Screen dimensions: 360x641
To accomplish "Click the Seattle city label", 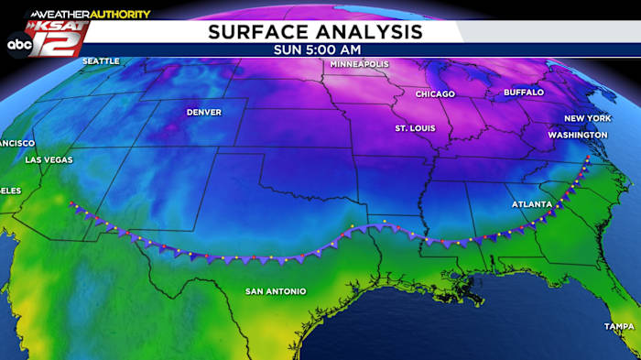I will click(101, 61).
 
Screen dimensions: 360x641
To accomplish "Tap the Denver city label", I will click(203, 113).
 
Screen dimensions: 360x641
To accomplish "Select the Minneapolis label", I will click(359, 65).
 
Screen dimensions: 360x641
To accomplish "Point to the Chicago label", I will click(435, 94).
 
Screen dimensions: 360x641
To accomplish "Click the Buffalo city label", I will click(523, 93).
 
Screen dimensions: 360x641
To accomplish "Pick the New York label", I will click(586, 119).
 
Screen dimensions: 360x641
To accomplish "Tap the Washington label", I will click(577, 135).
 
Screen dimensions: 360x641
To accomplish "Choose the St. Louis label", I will click(415, 128).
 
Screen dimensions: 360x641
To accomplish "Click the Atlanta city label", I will click(531, 204).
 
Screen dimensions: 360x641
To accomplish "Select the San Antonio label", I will click(275, 291).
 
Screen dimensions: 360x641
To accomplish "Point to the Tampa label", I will click(618, 327).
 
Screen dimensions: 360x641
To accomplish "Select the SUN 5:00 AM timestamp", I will click(315, 50).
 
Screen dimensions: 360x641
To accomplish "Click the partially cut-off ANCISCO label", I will click(16, 144).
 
